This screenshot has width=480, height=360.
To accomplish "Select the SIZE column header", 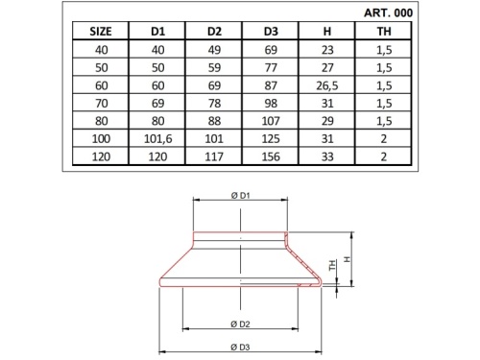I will click(x=101, y=31).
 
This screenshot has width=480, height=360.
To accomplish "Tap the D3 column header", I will click(x=272, y=31).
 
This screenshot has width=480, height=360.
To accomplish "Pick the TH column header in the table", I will click(x=386, y=31).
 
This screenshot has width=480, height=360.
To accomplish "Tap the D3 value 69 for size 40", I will click(x=272, y=48).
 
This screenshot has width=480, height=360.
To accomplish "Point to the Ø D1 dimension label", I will click(x=241, y=196).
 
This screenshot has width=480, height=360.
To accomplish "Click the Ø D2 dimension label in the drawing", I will click(x=241, y=322).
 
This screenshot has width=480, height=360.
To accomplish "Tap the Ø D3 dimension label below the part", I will click(x=241, y=345).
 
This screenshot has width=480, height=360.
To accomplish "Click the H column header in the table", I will click(x=328, y=31).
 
